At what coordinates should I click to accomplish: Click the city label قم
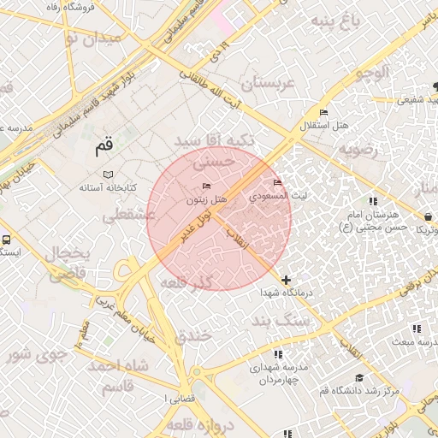point(104,148)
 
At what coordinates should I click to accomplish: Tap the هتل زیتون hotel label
point(209,199)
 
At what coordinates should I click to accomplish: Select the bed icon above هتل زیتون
point(205,186)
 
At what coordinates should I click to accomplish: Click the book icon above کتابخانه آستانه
point(107,174)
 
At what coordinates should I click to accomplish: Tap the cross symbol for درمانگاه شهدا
point(286,280)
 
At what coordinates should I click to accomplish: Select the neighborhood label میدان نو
point(72,38)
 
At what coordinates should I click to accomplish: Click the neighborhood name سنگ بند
point(278,322)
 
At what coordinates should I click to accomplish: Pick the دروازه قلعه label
point(195,425)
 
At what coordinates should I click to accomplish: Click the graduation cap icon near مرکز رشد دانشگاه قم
point(359,378)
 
